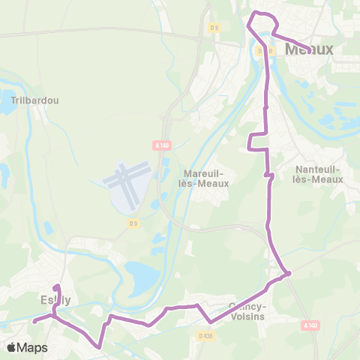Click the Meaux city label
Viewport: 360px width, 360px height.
(309, 49)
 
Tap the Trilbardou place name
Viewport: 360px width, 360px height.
(35, 100)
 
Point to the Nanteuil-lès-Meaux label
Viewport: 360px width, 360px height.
(319, 174)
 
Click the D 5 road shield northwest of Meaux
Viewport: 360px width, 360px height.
(214, 28)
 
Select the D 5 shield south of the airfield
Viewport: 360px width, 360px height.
(133, 223)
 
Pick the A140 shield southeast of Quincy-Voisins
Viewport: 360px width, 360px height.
(311, 325)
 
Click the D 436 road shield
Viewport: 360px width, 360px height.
(205, 335)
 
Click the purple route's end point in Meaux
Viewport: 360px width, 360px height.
(310, 51)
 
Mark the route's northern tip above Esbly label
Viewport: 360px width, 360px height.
(56, 286)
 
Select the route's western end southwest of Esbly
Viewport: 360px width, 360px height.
(34, 321)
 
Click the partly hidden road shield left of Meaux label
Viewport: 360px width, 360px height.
(259, 51)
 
